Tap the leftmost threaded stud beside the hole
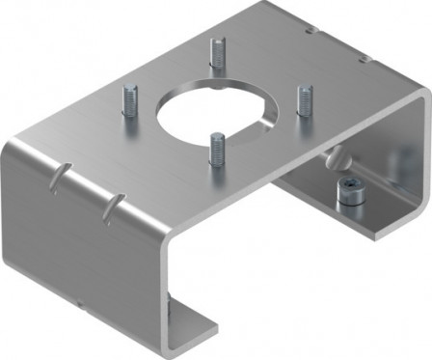tap(129, 100)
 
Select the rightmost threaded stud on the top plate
tap(305, 99)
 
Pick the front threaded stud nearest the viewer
tap(215, 149)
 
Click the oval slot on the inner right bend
tap(332, 155)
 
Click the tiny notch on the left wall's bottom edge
tap(86, 305)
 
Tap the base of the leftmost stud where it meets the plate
tap(129, 114)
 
